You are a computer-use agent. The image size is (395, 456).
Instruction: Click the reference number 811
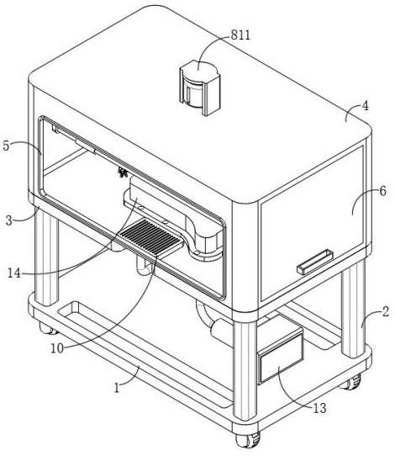point(240,35)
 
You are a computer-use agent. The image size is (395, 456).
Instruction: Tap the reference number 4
point(365,106)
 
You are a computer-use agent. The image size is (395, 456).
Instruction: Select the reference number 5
point(7,146)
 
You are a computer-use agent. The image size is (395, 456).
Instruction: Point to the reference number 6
point(383,191)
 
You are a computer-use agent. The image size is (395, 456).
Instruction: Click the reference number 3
point(9,220)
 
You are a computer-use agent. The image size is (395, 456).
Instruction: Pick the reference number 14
point(14,273)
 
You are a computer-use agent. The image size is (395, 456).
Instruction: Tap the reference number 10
point(57,348)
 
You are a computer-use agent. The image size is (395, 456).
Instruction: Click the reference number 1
point(117,388)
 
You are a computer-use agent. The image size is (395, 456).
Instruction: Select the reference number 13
point(319,409)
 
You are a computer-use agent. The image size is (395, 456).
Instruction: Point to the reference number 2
point(386,312)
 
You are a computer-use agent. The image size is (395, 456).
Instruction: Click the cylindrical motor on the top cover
point(199,87)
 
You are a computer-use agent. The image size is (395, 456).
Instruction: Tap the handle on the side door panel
point(315,262)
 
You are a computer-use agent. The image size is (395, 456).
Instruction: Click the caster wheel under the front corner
point(247,440)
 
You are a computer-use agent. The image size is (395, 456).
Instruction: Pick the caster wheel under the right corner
point(350,382)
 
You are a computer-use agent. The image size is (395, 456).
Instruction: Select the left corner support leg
point(46,256)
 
